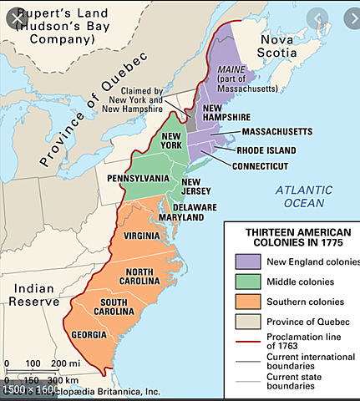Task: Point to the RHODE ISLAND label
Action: point(268,150)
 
